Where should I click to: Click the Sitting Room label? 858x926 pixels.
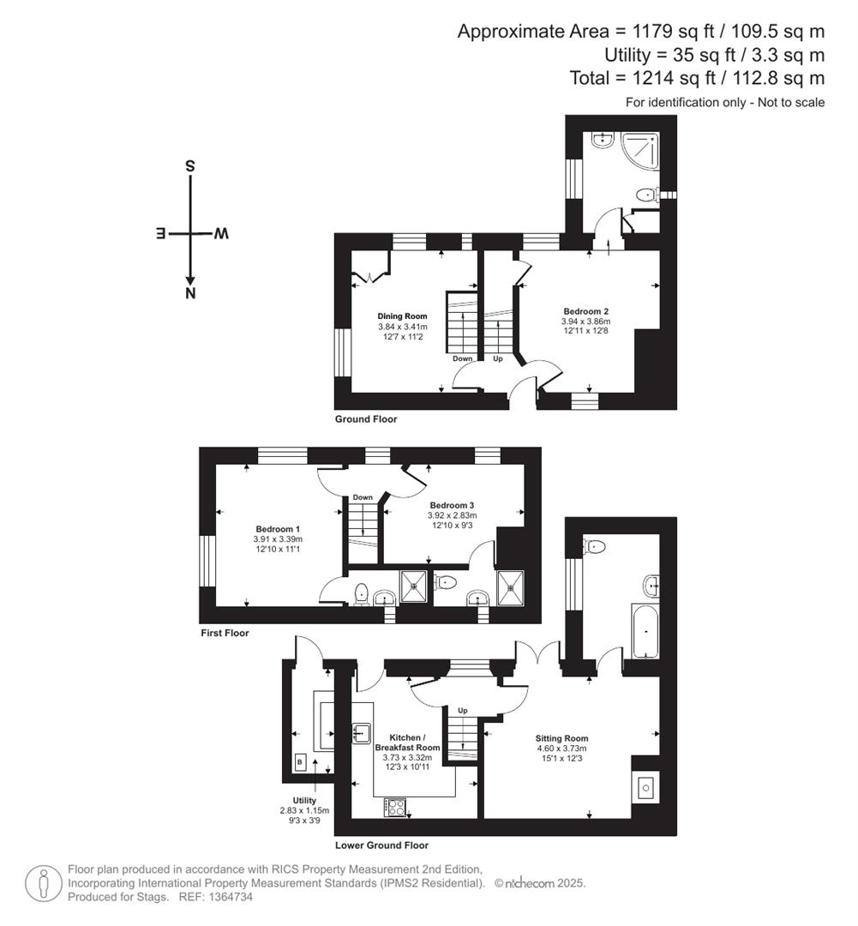[561, 738]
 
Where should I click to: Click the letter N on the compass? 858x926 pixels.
[190, 294]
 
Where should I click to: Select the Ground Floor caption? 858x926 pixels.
[366, 419]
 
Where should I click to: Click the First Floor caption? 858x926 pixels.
[225, 634]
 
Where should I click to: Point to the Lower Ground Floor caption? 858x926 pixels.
[381, 845]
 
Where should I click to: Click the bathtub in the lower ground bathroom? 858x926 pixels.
[644, 632]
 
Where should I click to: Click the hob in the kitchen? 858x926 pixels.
[395, 806]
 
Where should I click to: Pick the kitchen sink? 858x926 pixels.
[362, 733]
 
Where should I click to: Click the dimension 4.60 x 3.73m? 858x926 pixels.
[561, 749]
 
